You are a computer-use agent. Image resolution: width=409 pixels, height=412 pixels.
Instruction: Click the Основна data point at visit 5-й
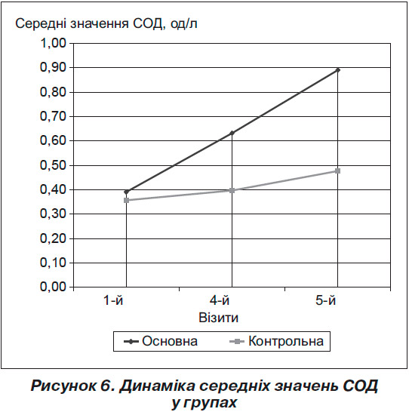[337, 70]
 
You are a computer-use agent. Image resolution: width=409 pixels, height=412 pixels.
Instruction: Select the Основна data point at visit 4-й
[232, 134]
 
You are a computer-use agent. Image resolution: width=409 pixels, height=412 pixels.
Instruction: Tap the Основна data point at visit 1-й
[126, 192]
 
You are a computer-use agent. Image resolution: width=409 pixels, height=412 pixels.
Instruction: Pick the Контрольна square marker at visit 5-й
[337, 171]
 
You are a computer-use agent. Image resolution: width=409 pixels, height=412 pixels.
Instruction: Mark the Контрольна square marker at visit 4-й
[232, 190]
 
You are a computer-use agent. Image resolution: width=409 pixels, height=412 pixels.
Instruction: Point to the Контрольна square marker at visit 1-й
[126, 200]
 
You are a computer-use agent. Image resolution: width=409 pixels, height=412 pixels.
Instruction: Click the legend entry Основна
[161, 341]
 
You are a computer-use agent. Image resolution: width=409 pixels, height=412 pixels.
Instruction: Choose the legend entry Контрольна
[277, 341]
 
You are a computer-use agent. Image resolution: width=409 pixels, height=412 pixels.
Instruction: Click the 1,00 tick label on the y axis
[53, 43]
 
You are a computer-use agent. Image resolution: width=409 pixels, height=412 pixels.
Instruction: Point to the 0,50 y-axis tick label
[53, 165]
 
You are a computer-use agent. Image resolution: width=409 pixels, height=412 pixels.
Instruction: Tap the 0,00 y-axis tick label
[53, 287]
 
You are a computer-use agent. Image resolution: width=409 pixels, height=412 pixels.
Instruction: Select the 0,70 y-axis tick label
[53, 116]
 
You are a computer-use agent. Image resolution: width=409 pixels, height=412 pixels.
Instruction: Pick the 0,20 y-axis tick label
[53, 238]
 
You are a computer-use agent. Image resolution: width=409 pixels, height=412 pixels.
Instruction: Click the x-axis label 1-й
[114, 300]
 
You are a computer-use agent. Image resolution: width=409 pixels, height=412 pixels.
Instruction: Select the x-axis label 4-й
[220, 300]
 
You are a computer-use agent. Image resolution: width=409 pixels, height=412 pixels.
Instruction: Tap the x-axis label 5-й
[325, 300]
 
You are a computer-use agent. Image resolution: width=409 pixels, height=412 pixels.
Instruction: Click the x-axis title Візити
[219, 318]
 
